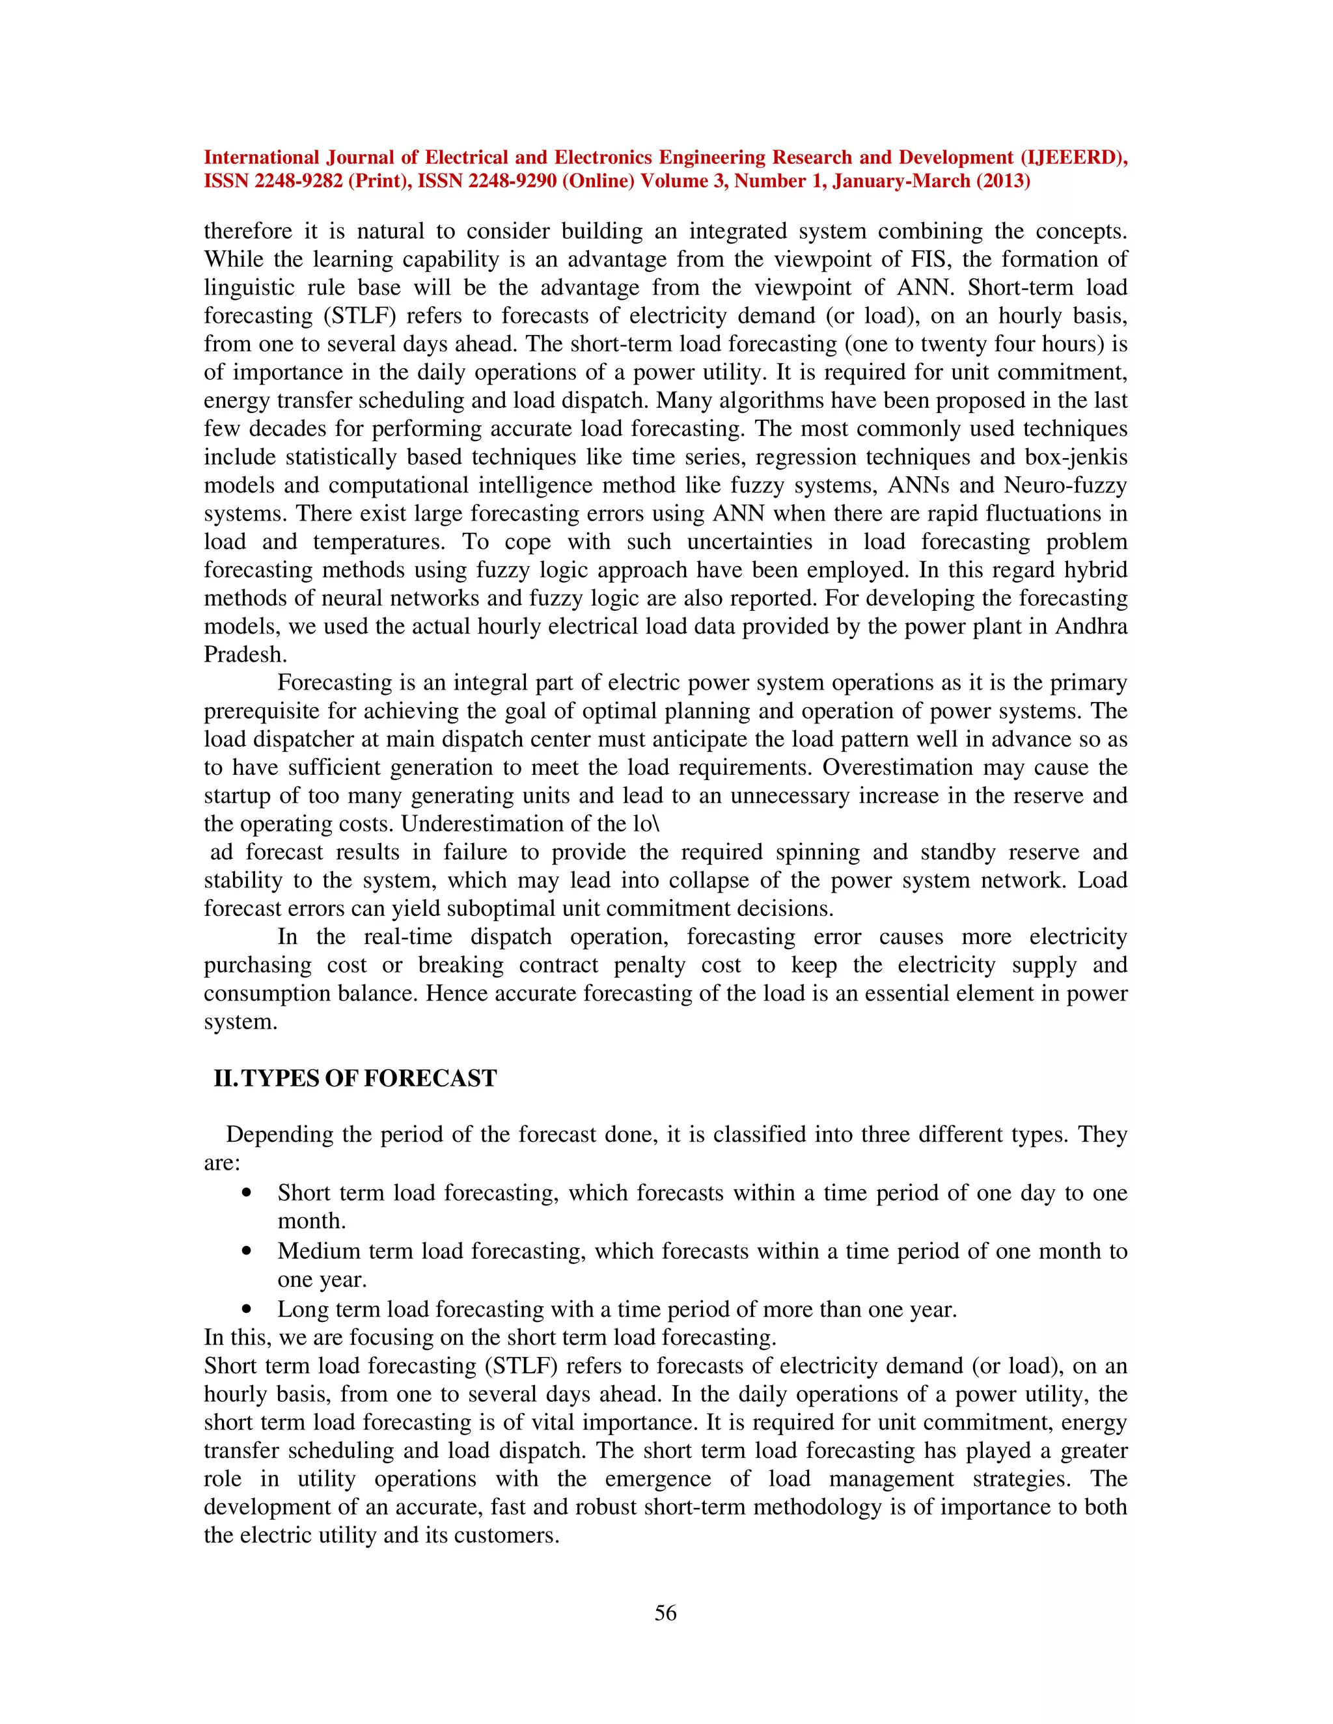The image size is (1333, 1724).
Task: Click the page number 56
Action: pyautogui.click(x=665, y=1613)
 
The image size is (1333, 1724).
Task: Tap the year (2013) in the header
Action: pyautogui.click(x=1003, y=182)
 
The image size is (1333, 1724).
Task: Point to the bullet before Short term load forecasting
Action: pyautogui.click(x=247, y=1192)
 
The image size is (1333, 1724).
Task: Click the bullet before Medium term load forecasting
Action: pyautogui.click(x=247, y=1251)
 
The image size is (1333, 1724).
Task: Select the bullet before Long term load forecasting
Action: pyautogui.click(x=247, y=1310)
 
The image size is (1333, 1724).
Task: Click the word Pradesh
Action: pyautogui.click(x=244, y=654)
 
